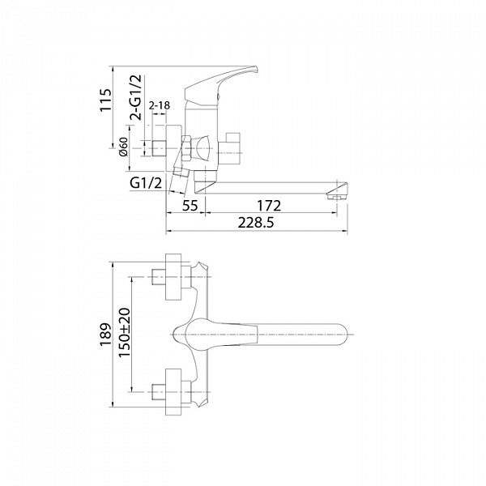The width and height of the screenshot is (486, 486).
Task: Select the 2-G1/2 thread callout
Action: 135,97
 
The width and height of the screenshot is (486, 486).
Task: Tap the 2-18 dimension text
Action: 160,105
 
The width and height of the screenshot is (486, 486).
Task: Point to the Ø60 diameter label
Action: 124,147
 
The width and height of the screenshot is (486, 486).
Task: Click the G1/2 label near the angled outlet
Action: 146,183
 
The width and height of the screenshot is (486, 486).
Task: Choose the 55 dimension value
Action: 190,205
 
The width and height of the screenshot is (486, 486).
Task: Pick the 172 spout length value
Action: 269,205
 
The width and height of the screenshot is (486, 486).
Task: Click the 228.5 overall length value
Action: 256,222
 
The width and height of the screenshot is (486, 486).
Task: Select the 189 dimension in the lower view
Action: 105,335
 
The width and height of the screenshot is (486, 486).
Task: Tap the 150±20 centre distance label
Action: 125,333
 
